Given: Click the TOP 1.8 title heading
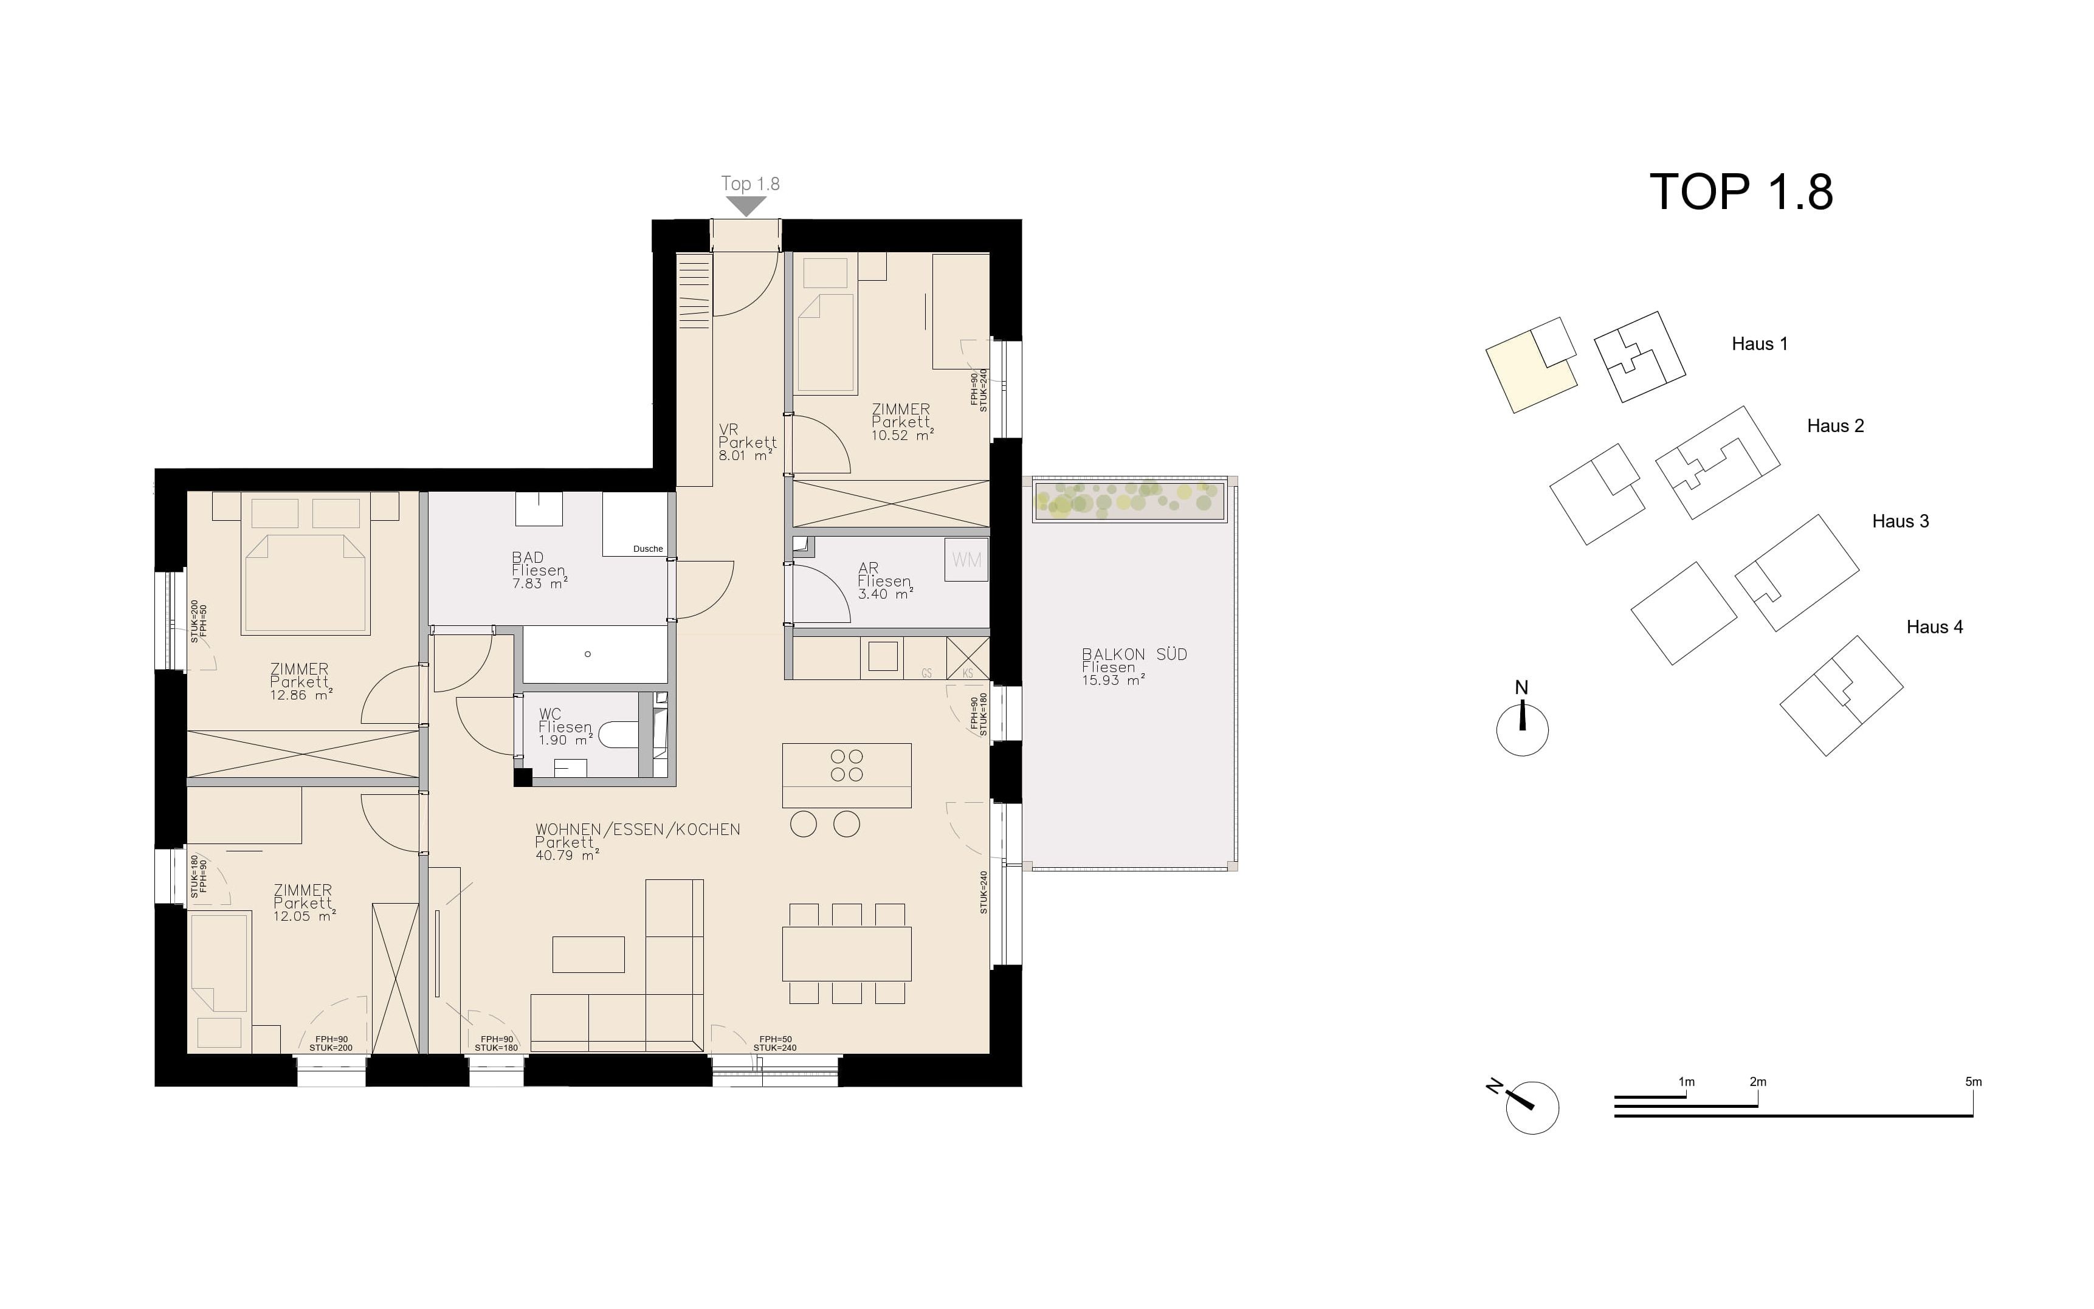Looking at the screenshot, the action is click(1741, 191).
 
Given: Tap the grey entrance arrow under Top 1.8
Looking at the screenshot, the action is click(746, 206).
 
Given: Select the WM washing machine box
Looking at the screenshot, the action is click(966, 559).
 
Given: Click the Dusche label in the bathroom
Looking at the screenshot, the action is click(647, 549).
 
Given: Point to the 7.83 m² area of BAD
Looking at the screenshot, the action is click(539, 583).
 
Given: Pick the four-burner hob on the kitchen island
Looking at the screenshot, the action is click(847, 765).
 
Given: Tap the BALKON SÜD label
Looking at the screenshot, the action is click(1134, 654).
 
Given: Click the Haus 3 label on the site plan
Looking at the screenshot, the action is click(1900, 521).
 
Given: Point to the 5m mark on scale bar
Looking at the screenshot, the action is click(1973, 1082).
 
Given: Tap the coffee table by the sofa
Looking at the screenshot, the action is click(588, 954).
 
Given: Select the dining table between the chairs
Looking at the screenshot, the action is click(847, 954).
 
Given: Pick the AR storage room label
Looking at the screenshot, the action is click(868, 568).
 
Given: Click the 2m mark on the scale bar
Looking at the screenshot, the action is click(1758, 1082).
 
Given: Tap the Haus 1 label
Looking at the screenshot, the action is click(1759, 344).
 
